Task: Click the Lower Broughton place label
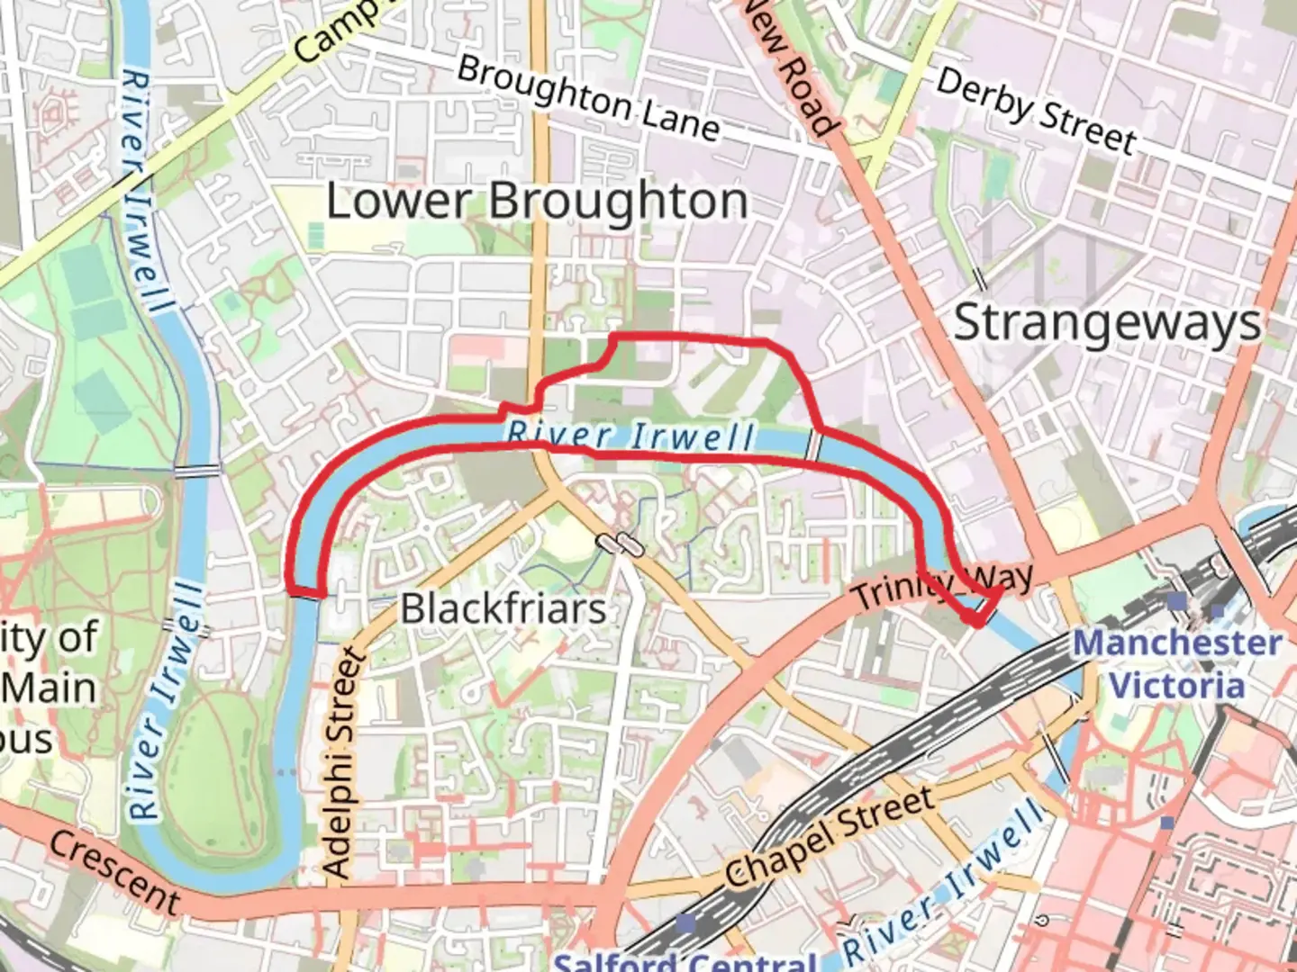pos(537,201)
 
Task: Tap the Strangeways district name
pos(1107,322)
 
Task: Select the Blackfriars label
pos(503,608)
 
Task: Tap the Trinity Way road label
pos(942,587)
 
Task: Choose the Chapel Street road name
pos(829,839)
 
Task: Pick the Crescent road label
pos(115,871)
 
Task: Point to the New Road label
pos(789,68)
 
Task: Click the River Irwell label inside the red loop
pos(630,436)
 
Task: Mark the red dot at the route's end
pos(975,619)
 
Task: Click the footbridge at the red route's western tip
pos(306,593)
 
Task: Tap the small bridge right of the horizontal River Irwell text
pos(814,445)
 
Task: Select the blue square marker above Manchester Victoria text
pos(1177,600)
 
